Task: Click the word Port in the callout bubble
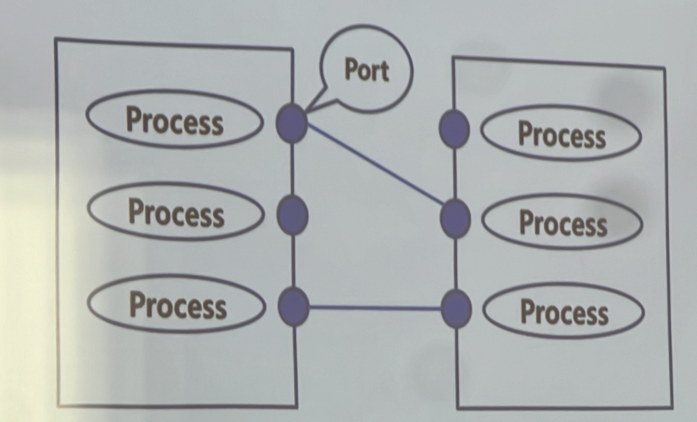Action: coord(367,70)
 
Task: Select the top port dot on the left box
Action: coord(291,123)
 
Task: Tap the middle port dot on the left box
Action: coord(292,215)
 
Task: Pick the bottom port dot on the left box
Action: coord(293,306)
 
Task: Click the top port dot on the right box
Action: coord(454,128)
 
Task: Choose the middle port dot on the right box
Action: coord(455,218)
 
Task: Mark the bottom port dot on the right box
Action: coord(456,308)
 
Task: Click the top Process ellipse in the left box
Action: coord(175,119)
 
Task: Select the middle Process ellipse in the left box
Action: coord(176,211)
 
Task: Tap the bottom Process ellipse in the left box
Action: coord(177,304)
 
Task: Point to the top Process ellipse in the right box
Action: coord(561,133)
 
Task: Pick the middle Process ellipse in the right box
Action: coord(562,222)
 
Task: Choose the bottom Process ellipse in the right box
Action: coord(564,311)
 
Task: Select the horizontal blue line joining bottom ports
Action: coord(375,308)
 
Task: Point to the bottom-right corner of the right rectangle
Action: coord(672,407)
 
